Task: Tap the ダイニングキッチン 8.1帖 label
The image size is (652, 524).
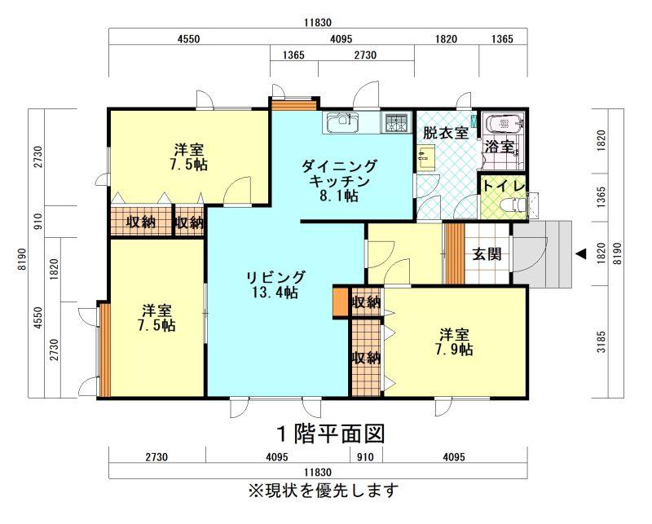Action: pyautogui.click(x=339, y=181)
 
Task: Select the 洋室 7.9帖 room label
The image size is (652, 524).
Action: pyautogui.click(x=454, y=341)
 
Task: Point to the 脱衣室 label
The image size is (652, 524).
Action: pyautogui.click(x=446, y=133)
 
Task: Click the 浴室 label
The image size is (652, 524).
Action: pyautogui.click(x=500, y=147)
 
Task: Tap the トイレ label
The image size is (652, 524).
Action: pyautogui.click(x=504, y=186)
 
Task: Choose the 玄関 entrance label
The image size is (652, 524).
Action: pyautogui.click(x=487, y=253)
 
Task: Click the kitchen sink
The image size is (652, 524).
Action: pyautogui.click(x=341, y=122)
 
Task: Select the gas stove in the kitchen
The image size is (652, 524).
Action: pyautogui.click(x=397, y=122)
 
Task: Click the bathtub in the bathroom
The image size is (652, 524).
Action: pyautogui.click(x=504, y=124)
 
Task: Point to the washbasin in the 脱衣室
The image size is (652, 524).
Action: pyautogui.click(x=425, y=157)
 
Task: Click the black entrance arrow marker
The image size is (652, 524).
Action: pyautogui.click(x=581, y=253)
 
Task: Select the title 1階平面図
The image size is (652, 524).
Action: pyautogui.click(x=331, y=434)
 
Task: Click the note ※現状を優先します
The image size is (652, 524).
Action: pyautogui.click(x=323, y=491)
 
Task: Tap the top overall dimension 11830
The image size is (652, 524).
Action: pyautogui.click(x=317, y=23)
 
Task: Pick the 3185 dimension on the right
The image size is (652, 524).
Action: pyautogui.click(x=601, y=341)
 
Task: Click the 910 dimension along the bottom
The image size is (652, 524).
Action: pyautogui.click(x=365, y=457)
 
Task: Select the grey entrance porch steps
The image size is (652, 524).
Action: pyautogui.click(x=542, y=253)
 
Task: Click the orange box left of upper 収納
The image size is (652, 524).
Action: pyautogui.click(x=340, y=302)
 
